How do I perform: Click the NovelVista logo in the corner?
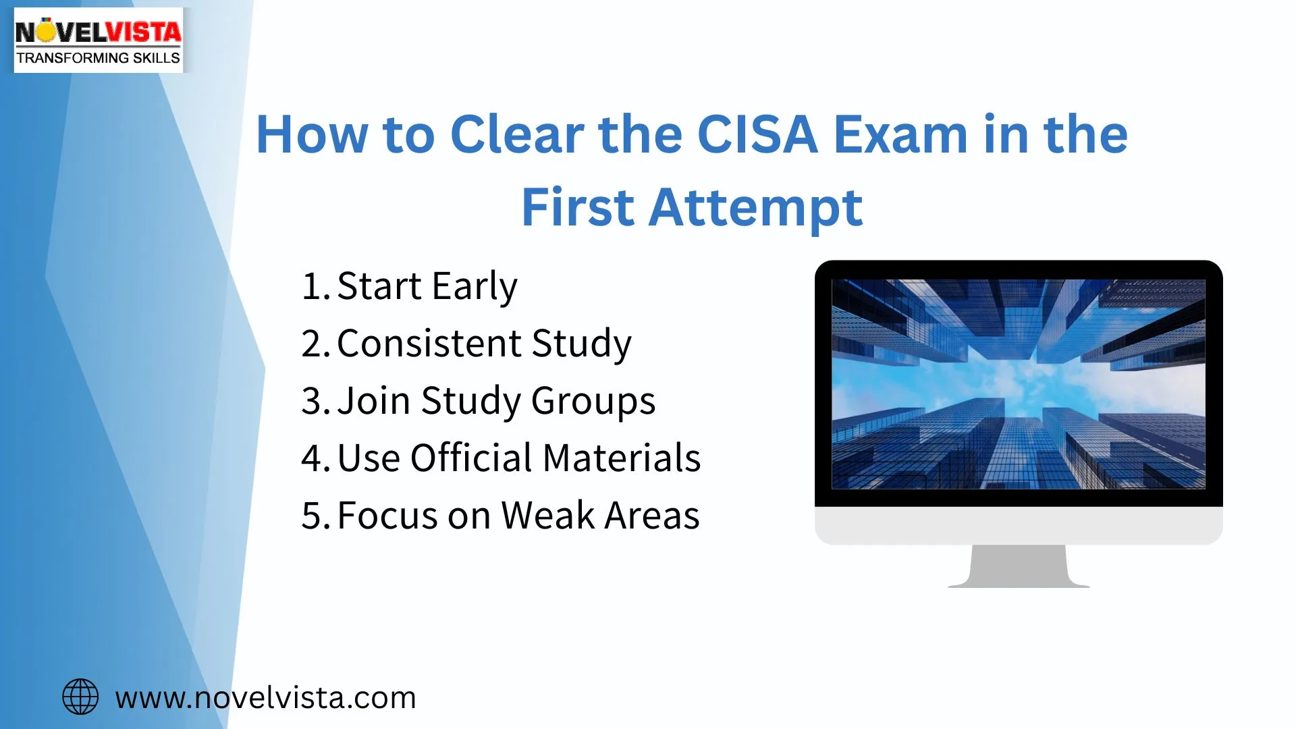pos(99,39)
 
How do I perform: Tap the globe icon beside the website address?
pos(80,697)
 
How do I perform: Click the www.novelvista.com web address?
pos(265,697)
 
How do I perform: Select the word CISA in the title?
pos(757,134)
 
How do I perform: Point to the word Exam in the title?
pos(900,134)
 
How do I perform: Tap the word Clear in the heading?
pos(517,134)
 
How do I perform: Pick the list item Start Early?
pos(427,286)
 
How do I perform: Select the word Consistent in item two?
pos(428,343)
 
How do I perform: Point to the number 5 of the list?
pos(312,515)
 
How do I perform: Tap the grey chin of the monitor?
pos(1019,525)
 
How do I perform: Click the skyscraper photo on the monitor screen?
pos(1018,383)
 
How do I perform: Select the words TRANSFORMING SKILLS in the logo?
pos(99,58)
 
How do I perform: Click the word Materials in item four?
pos(622,458)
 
